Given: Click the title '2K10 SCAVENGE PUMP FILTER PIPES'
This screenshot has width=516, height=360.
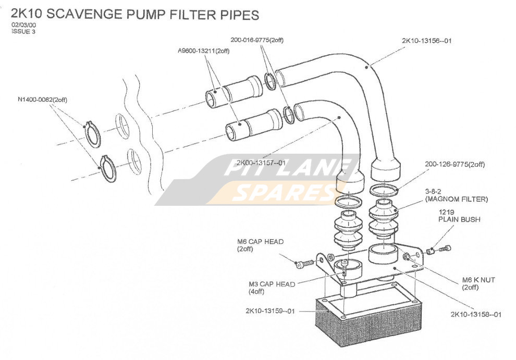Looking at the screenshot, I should [x=135, y=15].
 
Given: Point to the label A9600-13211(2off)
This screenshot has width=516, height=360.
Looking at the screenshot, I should [x=203, y=51].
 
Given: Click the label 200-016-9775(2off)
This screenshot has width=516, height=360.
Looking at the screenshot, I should [x=257, y=40].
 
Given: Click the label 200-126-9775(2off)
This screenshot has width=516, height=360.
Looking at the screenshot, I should [x=454, y=165].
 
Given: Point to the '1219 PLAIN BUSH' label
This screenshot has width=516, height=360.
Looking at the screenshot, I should [x=459, y=216].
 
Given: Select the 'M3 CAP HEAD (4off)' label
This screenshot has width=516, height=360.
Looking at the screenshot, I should [x=272, y=288].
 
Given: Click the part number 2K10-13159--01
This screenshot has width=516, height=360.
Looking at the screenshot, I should [x=270, y=311].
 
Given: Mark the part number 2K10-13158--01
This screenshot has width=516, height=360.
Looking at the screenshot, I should [x=475, y=314].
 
